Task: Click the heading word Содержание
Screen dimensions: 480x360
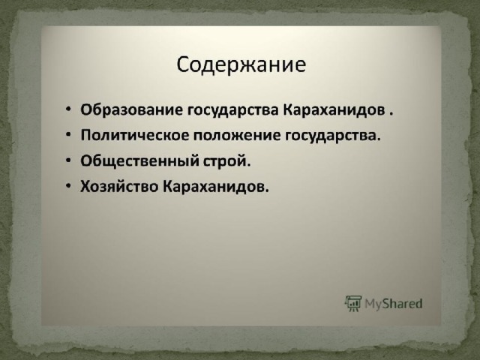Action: click(x=241, y=65)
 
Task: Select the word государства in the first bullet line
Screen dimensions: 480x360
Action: click(x=232, y=110)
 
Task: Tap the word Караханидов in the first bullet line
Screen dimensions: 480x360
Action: click(x=334, y=110)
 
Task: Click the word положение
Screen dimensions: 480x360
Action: click(x=237, y=135)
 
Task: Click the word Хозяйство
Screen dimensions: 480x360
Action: click(x=119, y=186)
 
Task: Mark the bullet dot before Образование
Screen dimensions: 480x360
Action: click(x=68, y=109)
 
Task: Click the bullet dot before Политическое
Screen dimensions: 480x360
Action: click(x=68, y=135)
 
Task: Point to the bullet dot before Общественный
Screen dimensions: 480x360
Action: click(x=68, y=160)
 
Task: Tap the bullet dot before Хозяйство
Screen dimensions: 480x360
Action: click(x=68, y=185)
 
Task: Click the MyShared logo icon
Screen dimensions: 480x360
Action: click(x=353, y=303)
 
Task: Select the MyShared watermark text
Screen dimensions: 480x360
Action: click(x=394, y=304)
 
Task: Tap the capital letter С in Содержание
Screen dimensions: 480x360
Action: click(x=183, y=65)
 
